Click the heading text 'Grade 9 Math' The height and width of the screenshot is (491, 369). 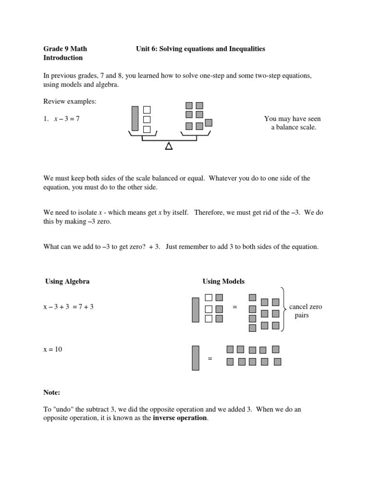pyautogui.click(x=65, y=49)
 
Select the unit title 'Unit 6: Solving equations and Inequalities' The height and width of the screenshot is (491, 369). pyautogui.click(x=200, y=49)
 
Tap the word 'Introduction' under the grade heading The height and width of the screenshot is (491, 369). pyautogui.click(x=63, y=58)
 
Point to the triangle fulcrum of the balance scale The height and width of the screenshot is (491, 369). pyautogui.click(x=169, y=146)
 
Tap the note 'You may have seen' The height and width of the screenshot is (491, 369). pyautogui.click(x=292, y=119)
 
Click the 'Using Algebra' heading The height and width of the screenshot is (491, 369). pyautogui.click(x=67, y=281)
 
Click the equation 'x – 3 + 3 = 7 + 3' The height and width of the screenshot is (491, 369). pyautogui.click(x=69, y=307)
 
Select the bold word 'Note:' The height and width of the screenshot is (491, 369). pyautogui.click(x=52, y=393)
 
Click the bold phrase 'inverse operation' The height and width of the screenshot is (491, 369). pyautogui.click(x=181, y=418)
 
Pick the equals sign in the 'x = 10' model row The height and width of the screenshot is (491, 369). pyautogui.click(x=210, y=359)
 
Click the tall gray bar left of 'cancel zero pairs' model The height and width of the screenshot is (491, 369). pyautogui.click(x=195, y=310)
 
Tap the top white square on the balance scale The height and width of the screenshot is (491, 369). pyautogui.click(x=148, y=110)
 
